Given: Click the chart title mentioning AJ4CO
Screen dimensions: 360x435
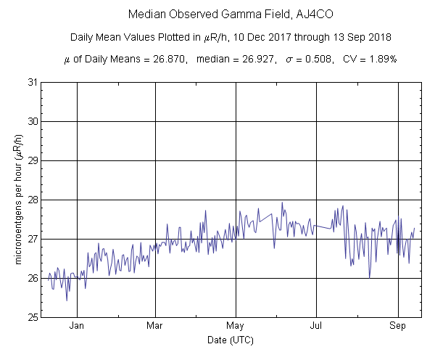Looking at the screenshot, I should point(217,14).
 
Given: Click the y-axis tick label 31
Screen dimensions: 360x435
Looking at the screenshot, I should point(33,82).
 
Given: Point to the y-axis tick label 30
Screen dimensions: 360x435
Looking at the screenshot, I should point(33,121).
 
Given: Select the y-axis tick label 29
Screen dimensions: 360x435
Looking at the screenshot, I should point(33,160).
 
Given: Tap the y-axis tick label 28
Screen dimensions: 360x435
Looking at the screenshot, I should point(33,200).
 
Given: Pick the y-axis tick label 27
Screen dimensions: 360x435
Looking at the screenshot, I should point(33,239).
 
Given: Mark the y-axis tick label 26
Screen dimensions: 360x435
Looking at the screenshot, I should point(33,278).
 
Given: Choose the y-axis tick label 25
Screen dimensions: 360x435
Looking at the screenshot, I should point(33,317).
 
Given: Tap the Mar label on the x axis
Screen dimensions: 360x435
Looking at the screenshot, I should point(155,326).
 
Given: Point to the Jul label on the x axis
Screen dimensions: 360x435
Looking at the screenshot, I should point(316,326).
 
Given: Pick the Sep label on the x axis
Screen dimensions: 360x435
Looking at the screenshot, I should point(398,326).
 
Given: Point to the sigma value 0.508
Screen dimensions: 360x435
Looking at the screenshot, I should point(316,59).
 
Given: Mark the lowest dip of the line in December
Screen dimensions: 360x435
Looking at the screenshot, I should point(67,300).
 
